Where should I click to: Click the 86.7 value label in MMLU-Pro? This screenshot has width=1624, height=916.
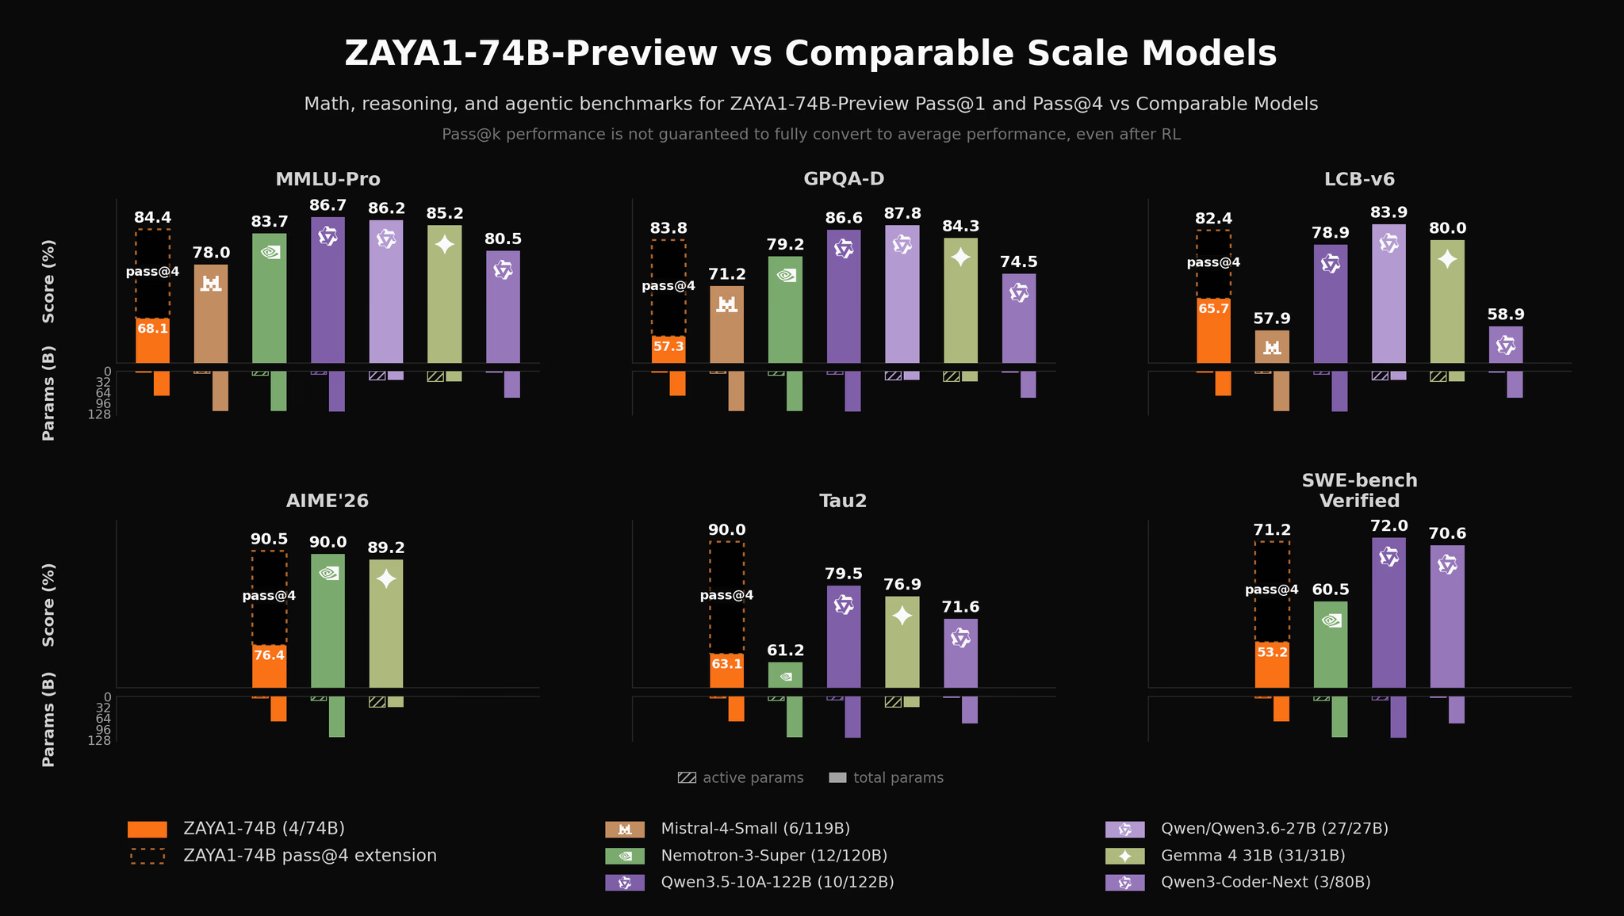pyautogui.click(x=327, y=205)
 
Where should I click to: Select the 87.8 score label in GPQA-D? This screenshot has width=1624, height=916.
pyautogui.click(x=902, y=214)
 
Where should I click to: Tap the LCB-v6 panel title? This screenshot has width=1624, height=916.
pyautogui.click(x=1359, y=179)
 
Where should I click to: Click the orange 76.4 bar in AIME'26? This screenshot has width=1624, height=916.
pyautogui.click(x=269, y=666)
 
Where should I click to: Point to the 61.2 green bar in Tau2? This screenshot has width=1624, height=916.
pyautogui.click(x=786, y=675)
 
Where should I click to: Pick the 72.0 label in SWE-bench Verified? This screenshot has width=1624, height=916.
pyautogui.click(x=1388, y=526)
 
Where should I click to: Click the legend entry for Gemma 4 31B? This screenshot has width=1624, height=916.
pyautogui.click(x=1253, y=856)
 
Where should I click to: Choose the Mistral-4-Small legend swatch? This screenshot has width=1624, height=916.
pyautogui.click(x=625, y=830)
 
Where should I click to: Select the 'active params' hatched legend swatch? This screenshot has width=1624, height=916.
pyautogui.click(x=687, y=778)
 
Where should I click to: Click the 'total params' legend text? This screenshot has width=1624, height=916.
pyautogui.click(x=898, y=778)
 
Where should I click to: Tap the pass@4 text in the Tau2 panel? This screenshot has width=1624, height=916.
pyautogui.click(x=726, y=596)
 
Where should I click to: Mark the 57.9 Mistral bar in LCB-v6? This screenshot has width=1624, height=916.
pyautogui.click(x=1272, y=347)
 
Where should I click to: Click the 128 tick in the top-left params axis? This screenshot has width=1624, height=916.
pyautogui.click(x=101, y=414)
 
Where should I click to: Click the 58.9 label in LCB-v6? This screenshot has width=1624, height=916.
pyautogui.click(x=1506, y=315)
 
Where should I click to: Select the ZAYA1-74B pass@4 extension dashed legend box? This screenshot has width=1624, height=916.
pyautogui.click(x=147, y=857)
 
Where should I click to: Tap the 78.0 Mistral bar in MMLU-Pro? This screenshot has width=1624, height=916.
pyautogui.click(x=211, y=314)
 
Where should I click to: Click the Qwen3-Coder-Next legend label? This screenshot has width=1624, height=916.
pyautogui.click(x=1266, y=883)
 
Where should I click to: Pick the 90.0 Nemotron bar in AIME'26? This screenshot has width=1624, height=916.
pyautogui.click(x=327, y=621)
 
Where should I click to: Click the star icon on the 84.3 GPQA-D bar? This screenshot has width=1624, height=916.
pyautogui.click(x=960, y=257)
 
